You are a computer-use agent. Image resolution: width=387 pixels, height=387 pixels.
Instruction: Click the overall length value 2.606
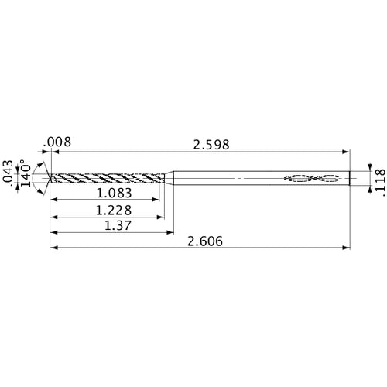pyautogui.click(x=205, y=241)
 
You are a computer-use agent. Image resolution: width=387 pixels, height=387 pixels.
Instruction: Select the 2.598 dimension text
pyautogui.click(x=212, y=144)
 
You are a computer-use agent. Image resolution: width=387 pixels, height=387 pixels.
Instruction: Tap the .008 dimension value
pyautogui.click(x=58, y=142)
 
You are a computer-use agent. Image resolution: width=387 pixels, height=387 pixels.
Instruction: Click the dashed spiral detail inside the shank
pyautogui.click(x=313, y=179)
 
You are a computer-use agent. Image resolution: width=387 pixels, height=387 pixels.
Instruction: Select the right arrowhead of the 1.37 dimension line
pyautogui.click(x=170, y=232)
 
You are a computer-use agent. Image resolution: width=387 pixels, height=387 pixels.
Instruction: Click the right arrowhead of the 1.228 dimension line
pyautogui.click(x=165, y=217)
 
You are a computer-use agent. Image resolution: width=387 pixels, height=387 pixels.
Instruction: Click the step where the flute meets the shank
pyautogui.click(x=171, y=179)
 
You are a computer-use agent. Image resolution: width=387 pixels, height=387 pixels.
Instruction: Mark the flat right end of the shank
pyautogui.click(x=348, y=179)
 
